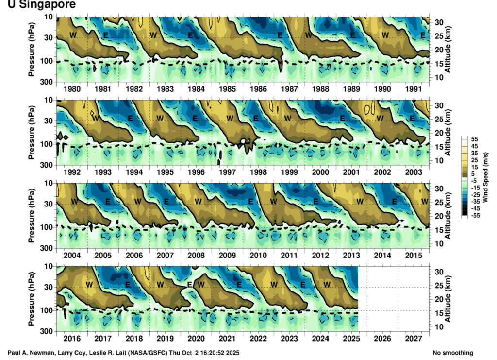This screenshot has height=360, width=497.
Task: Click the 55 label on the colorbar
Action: (x=474, y=139)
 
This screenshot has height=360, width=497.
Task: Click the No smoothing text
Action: (x=452, y=353)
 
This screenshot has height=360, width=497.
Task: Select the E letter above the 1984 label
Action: (x=190, y=35)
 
